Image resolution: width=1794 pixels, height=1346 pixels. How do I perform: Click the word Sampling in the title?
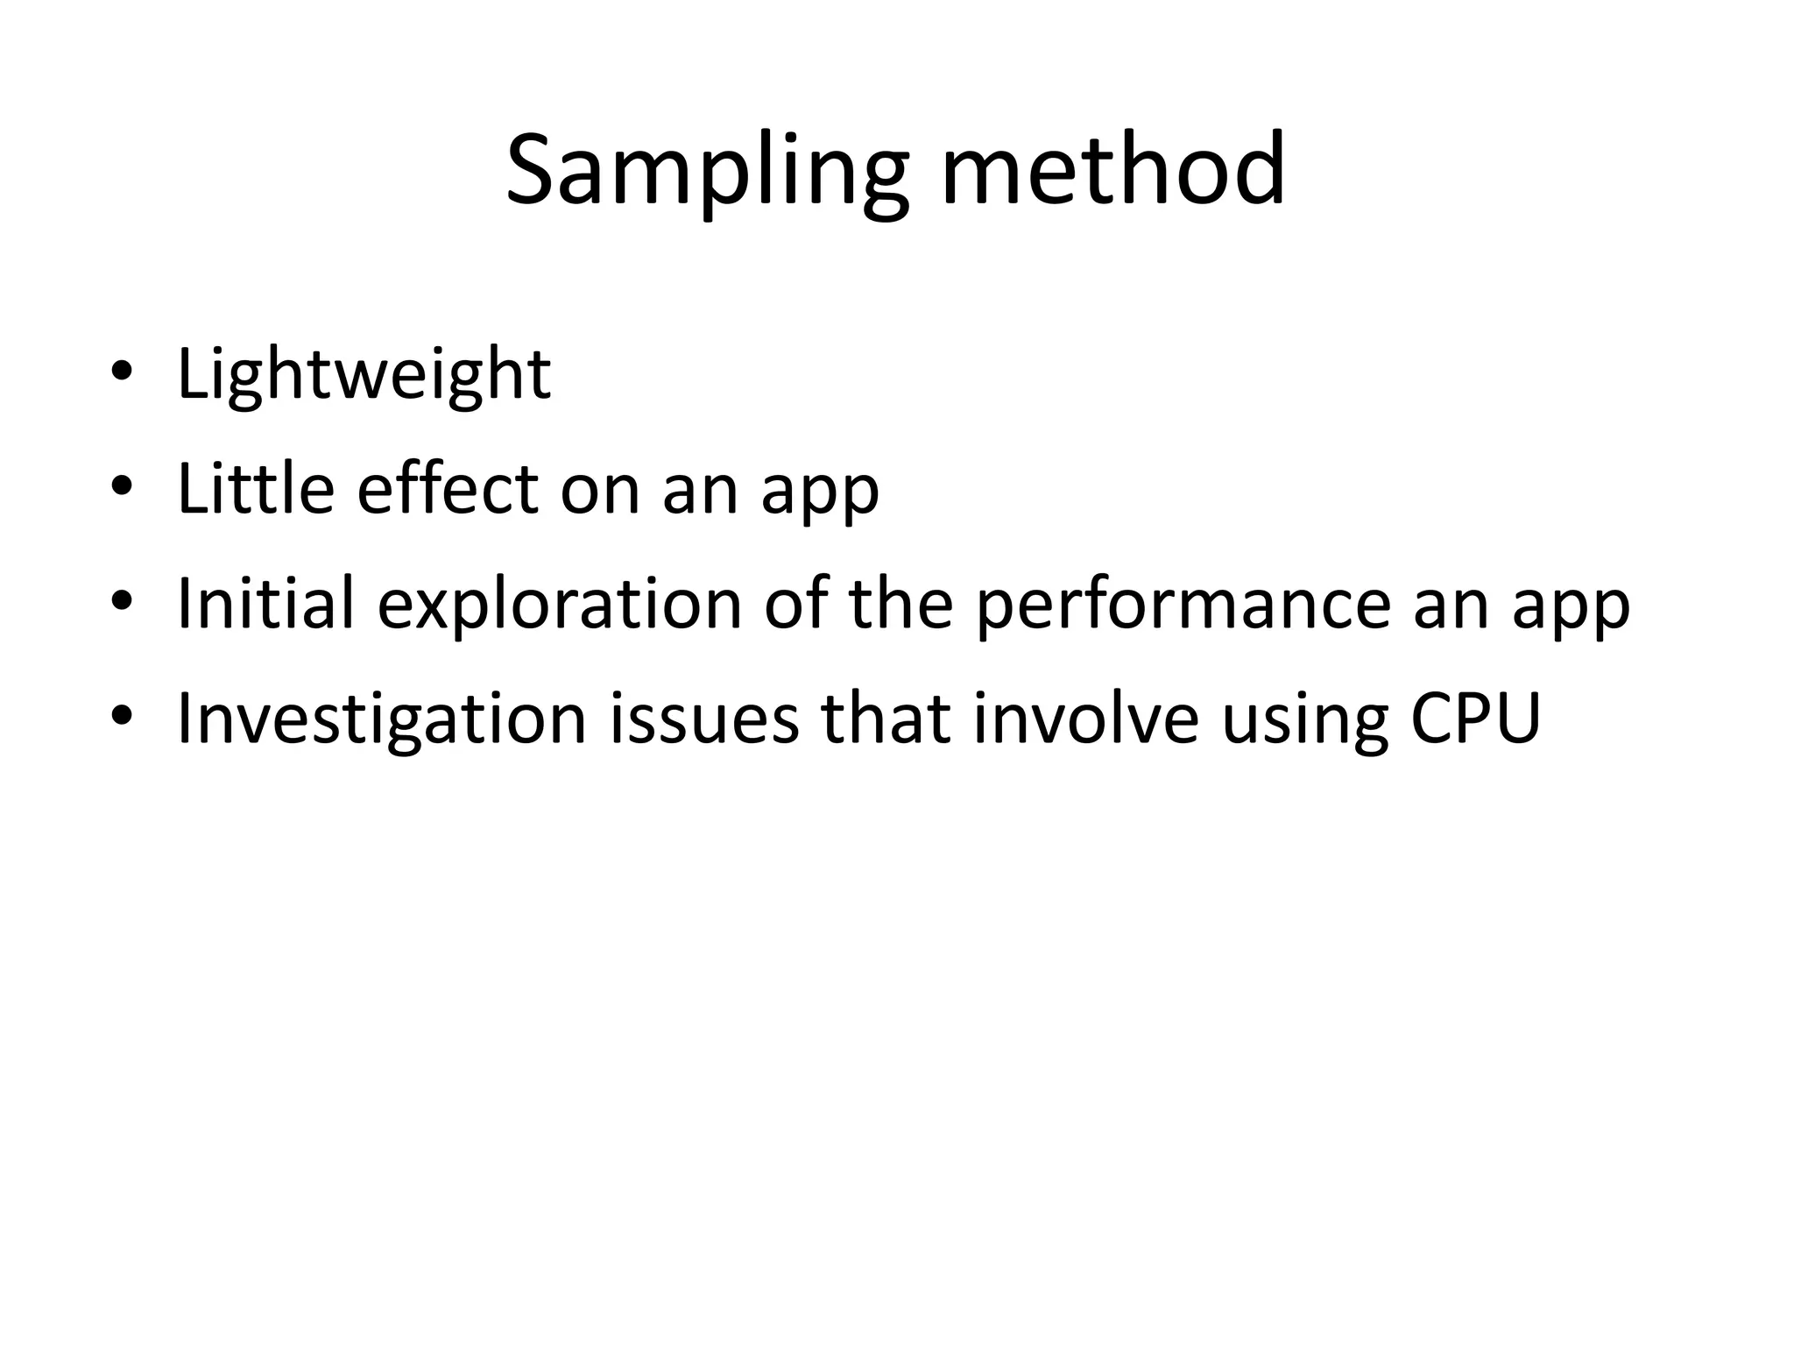click(x=708, y=172)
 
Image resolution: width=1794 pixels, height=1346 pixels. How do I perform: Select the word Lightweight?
click(x=364, y=375)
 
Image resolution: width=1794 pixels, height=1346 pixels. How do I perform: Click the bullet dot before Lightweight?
click(x=122, y=371)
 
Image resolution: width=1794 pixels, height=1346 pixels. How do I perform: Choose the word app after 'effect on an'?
click(x=819, y=492)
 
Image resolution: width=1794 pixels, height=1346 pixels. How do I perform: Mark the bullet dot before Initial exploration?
click(x=122, y=601)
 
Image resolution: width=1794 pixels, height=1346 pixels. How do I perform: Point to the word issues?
click(x=703, y=719)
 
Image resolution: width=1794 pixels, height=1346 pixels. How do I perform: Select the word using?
click(x=1304, y=722)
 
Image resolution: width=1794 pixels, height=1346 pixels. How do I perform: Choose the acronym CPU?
click(x=1475, y=719)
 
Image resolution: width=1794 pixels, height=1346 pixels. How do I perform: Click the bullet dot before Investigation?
click(x=122, y=716)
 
